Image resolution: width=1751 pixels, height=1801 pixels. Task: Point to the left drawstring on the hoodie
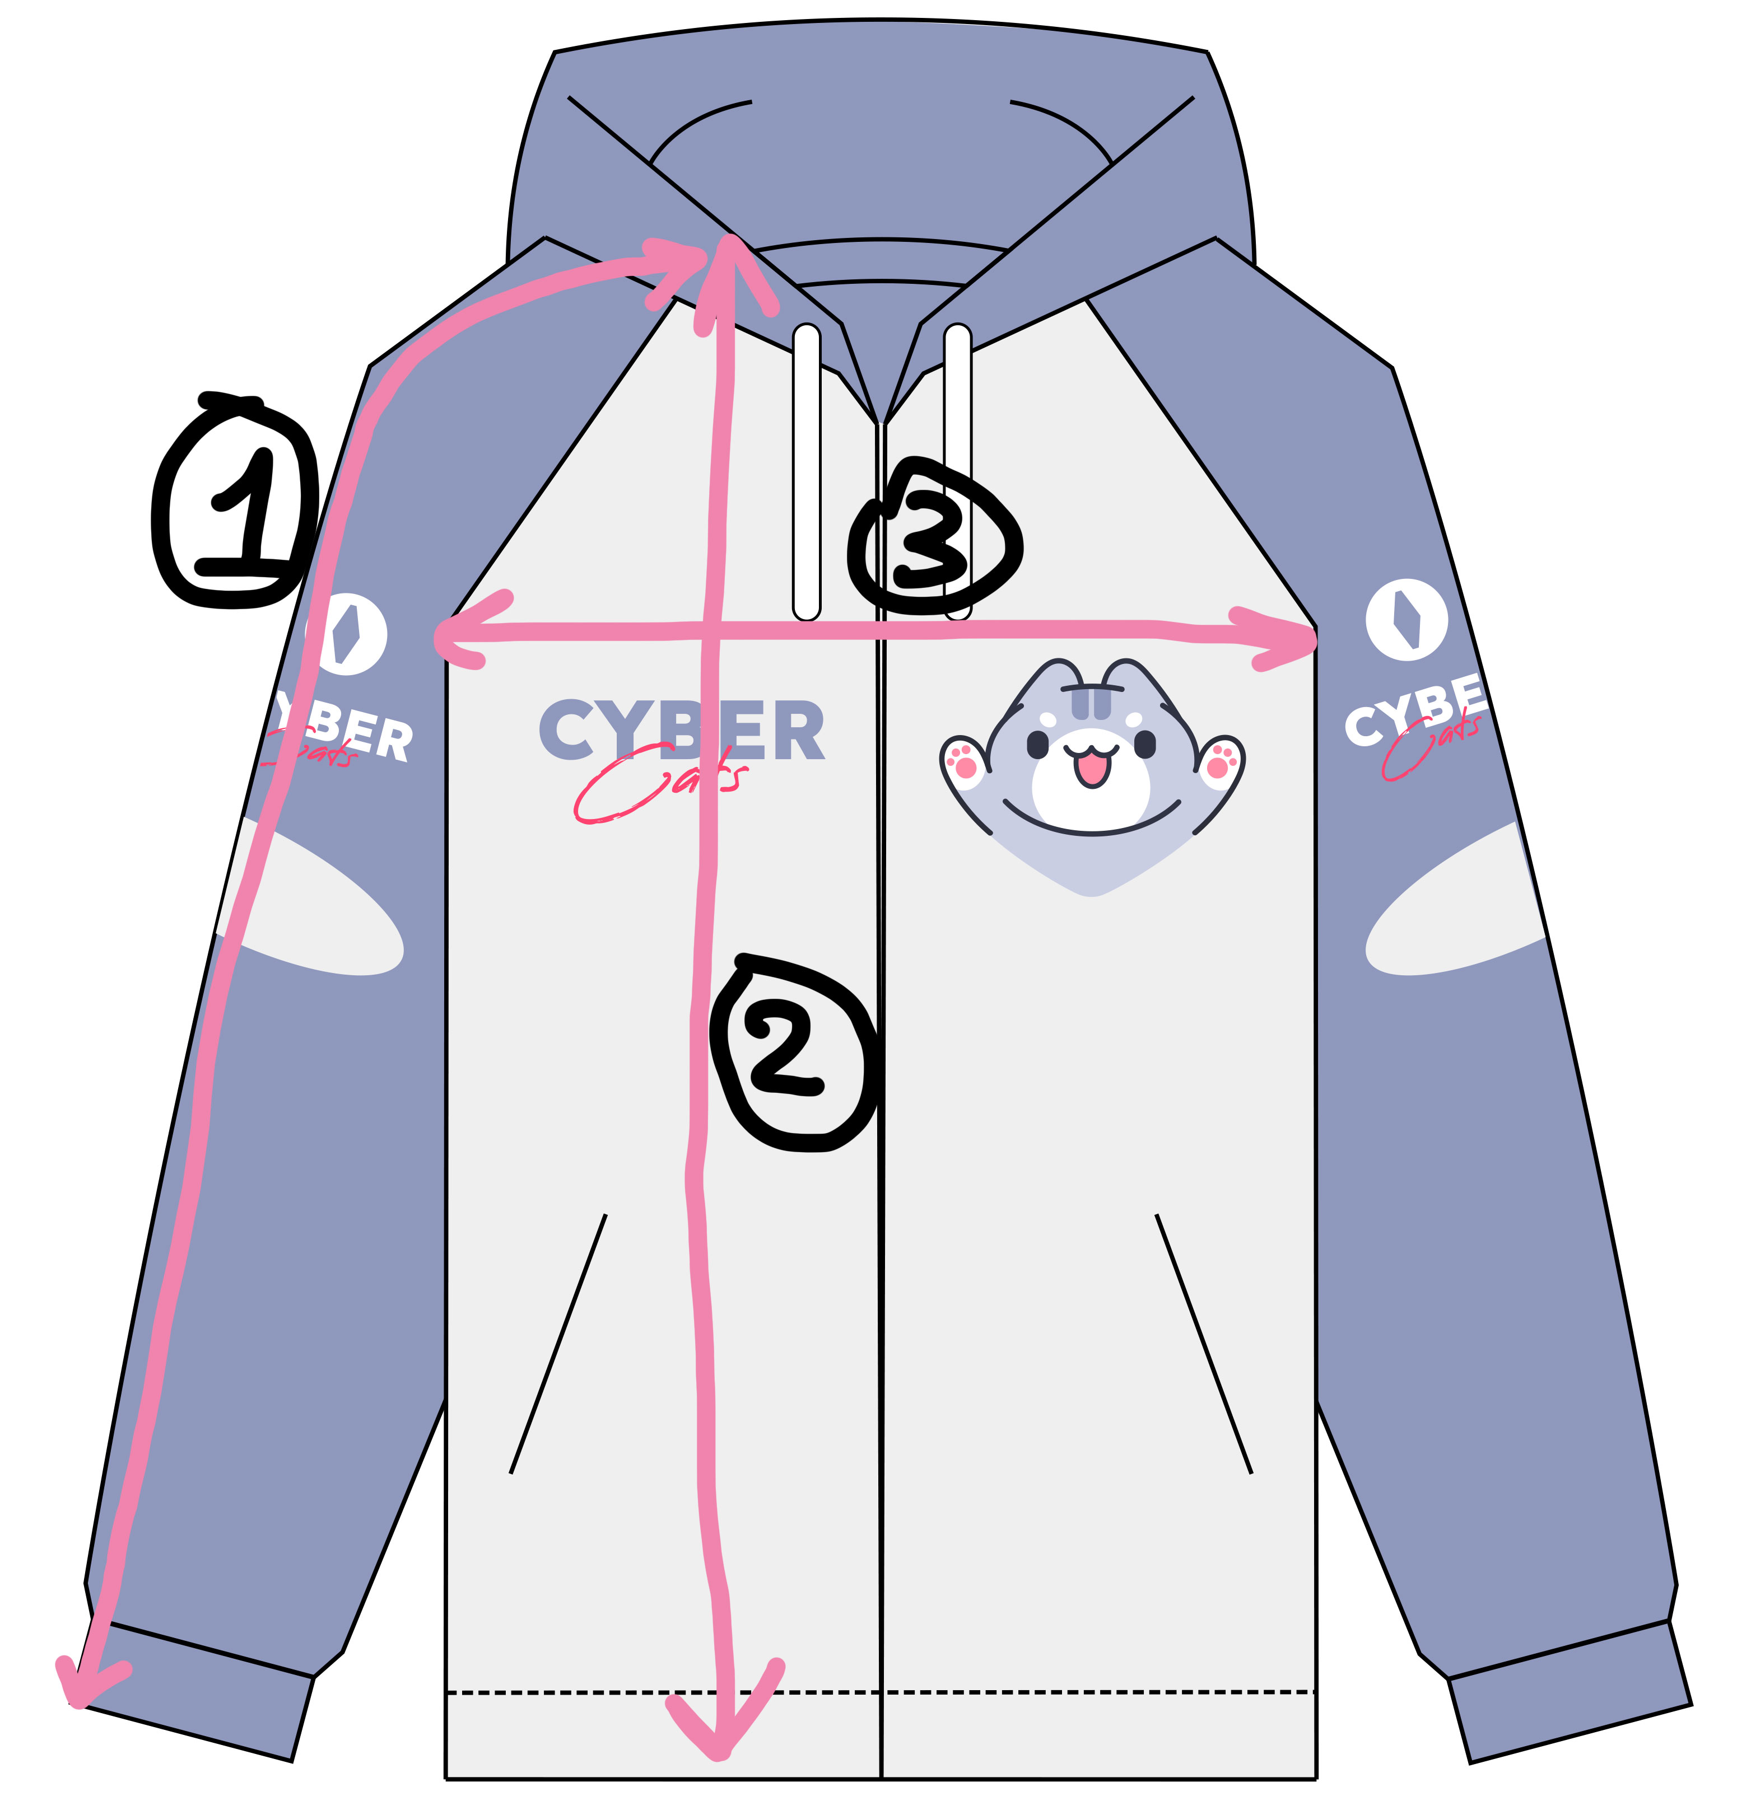[x=807, y=471]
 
